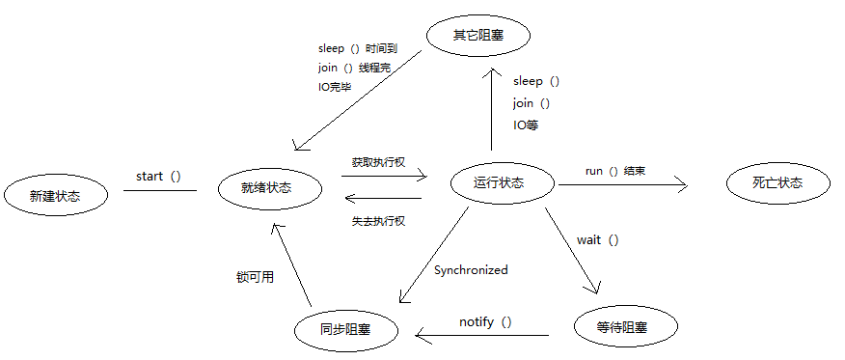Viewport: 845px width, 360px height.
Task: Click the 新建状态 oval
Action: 55,196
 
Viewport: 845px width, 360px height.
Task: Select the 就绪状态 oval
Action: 270,188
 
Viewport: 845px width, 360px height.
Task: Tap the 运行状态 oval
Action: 503,182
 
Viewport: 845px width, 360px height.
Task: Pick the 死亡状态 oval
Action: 777,182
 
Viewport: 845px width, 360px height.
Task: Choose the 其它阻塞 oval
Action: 478,36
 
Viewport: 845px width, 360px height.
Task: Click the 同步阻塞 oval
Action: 347,329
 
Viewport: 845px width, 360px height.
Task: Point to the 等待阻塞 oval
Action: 626,326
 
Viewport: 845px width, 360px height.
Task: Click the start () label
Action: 158,177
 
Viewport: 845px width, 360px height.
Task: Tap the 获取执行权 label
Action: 378,162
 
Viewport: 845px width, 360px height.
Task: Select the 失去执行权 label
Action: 378,220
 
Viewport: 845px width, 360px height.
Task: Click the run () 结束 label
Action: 615,172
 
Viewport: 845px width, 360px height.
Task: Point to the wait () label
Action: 598,239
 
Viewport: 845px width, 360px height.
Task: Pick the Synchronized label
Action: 471,269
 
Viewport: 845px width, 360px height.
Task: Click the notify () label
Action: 485,322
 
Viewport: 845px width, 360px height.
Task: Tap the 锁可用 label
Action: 255,277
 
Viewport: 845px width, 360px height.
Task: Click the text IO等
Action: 526,125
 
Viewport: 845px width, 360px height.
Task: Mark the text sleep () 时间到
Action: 358,48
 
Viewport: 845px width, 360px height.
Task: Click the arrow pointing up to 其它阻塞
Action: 492,109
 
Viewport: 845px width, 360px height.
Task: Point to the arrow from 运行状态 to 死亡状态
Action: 623,185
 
